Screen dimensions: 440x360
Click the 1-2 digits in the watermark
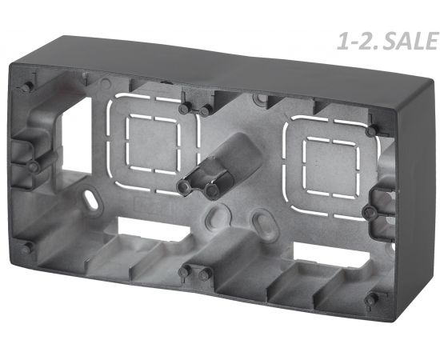click(x=353, y=42)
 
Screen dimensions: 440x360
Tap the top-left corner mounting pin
click(x=26, y=87)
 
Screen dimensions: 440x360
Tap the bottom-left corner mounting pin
click(x=27, y=249)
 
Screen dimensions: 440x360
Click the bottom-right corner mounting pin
click(x=370, y=301)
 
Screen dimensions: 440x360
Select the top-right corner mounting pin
click(x=372, y=130)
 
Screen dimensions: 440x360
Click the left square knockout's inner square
click(x=152, y=144)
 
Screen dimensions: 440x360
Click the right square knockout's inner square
click(x=331, y=167)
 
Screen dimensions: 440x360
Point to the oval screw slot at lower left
click(x=91, y=199)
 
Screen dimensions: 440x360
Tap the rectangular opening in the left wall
click(x=76, y=135)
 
